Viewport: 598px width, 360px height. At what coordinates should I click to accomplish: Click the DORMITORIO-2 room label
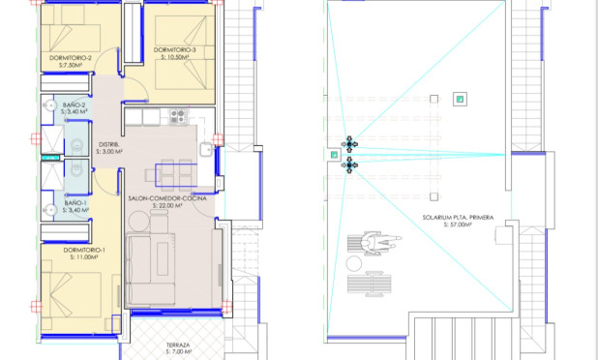pos(70,58)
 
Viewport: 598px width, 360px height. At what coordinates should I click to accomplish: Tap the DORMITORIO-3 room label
pos(175,50)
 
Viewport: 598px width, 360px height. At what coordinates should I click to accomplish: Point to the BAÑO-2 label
pos(75,105)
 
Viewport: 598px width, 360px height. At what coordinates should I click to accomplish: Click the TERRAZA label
pos(177,344)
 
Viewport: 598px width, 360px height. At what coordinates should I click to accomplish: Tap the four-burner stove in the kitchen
pos(178,116)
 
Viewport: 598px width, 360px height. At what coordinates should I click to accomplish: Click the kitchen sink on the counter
pos(206,150)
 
